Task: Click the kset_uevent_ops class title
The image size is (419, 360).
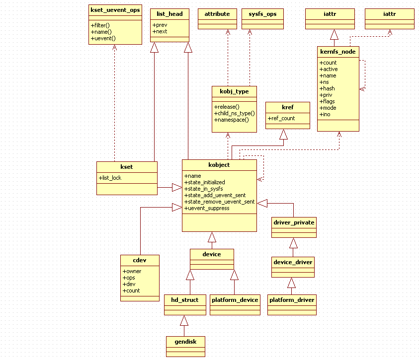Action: [x=115, y=10]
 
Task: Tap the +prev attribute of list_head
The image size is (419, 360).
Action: [x=160, y=25]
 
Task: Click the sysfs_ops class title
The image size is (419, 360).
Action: [x=262, y=14]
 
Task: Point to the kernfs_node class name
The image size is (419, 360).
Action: [x=337, y=52]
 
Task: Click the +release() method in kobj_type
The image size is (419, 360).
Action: [x=227, y=107]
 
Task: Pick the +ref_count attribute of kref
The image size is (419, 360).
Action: [x=281, y=118]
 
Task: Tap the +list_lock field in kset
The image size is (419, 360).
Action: [x=110, y=177]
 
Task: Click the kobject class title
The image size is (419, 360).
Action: [x=219, y=165]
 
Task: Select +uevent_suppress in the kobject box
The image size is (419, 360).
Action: [x=207, y=208]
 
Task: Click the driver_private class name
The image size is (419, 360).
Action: [x=294, y=222]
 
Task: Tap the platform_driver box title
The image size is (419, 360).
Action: [x=292, y=299]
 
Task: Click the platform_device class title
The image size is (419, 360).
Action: [x=235, y=299]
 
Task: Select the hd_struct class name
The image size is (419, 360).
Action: [x=185, y=299]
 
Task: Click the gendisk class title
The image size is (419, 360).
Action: [x=185, y=341]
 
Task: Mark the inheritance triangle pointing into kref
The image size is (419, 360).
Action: [x=283, y=135]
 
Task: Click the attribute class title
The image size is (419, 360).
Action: [x=217, y=14]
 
